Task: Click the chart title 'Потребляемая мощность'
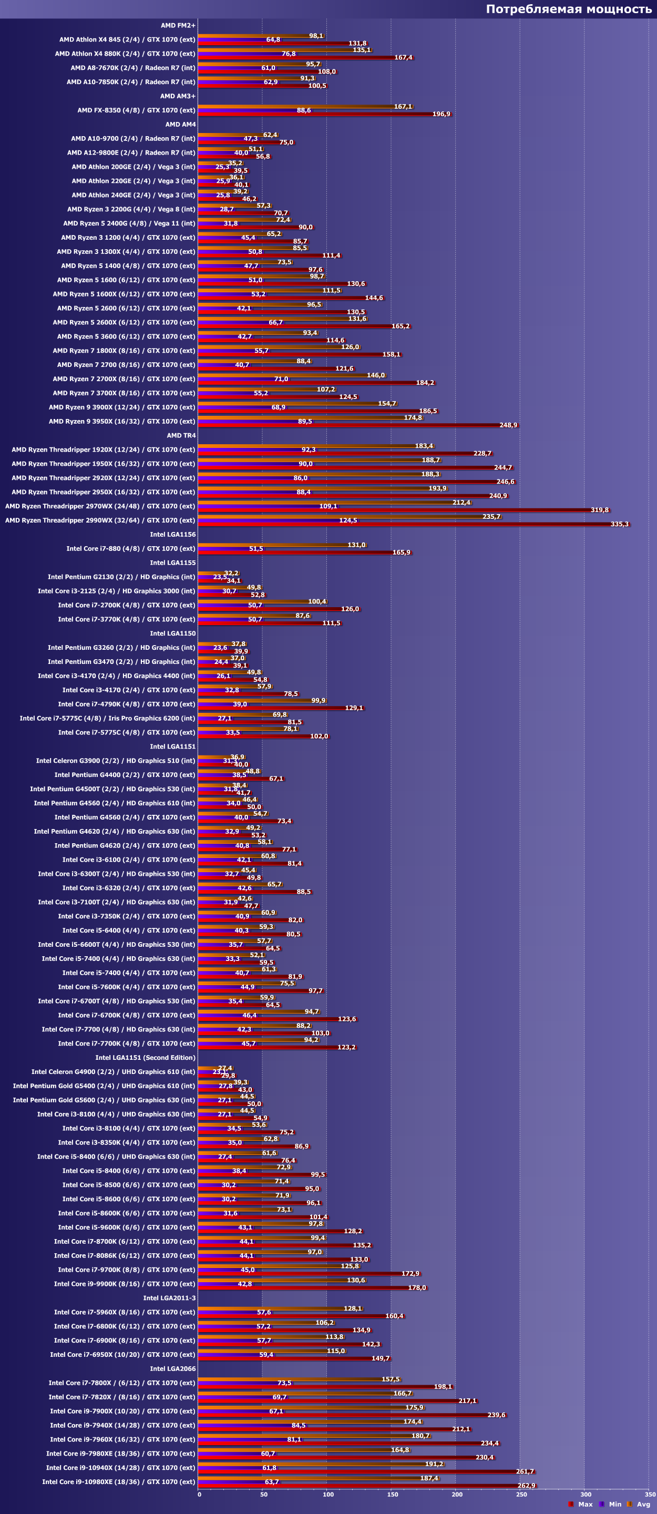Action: click(568, 9)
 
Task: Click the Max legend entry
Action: click(584, 1504)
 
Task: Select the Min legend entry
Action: click(614, 1504)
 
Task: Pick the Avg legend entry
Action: click(643, 1504)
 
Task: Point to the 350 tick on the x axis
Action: click(650, 1494)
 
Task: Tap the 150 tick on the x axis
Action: click(393, 1494)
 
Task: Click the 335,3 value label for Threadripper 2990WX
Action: click(619, 524)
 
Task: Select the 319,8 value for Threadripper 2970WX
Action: click(599, 510)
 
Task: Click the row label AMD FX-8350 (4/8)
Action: click(136, 110)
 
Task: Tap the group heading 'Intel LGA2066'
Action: click(173, 1369)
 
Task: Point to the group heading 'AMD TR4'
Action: click(181, 435)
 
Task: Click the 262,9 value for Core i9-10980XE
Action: click(526, 1486)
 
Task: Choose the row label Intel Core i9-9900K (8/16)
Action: click(125, 1284)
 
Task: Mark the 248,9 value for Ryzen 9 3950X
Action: click(508, 425)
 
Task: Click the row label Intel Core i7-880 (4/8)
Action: click(130, 548)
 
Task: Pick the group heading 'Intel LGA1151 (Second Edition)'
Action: click(145, 1057)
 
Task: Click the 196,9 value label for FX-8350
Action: click(442, 115)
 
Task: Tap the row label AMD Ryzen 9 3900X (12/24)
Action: click(121, 407)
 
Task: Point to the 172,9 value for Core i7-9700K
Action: click(410, 1274)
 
